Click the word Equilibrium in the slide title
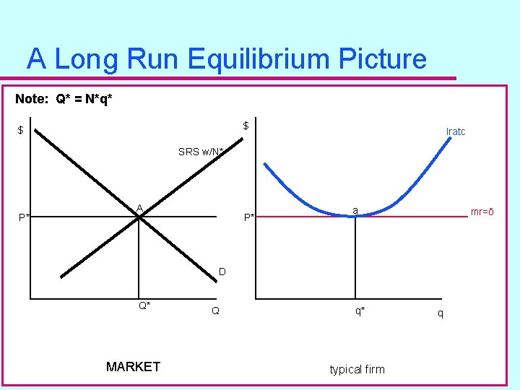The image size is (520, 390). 240,58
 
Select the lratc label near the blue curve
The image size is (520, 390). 456,131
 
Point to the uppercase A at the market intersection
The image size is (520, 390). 140,208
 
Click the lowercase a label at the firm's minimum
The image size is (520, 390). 355,210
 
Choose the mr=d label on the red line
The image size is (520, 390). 482,212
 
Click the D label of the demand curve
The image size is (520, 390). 222,272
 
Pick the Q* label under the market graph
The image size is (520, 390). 144,305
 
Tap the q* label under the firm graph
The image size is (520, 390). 360,311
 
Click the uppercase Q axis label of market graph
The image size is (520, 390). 215,311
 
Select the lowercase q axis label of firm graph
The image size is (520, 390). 441,313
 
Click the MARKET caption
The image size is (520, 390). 133,367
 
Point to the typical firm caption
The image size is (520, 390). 357,369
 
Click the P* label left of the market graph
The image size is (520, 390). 25,217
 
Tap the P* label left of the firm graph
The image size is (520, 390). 249,217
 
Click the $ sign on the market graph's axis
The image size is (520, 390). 21,131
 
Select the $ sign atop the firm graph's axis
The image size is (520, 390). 246,126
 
